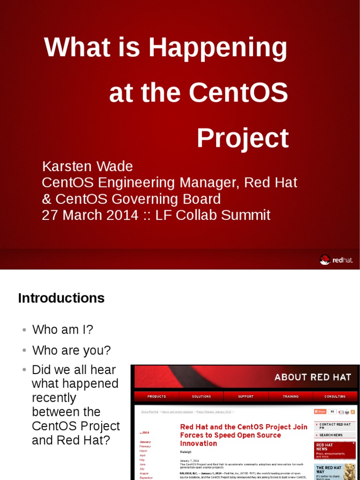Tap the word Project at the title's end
tap(242, 138)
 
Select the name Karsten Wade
tap(87, 166)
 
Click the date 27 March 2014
tap(90, 215)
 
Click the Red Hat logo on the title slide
tap(336, 260)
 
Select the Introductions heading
tap(61, 298)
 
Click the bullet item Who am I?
tap(62, 330)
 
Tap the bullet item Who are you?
tap(71, 350)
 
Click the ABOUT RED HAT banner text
tap(312, 377)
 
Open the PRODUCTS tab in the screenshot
tap(157, 397)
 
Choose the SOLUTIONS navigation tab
tap(201, 397)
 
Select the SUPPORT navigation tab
tap(246, 397)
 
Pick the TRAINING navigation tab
tap(290, 397)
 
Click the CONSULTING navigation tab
tap(335, 397)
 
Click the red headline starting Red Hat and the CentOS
tap(243, 435)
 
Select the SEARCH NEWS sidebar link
tap(331, 435)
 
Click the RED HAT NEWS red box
tap(334, 450)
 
